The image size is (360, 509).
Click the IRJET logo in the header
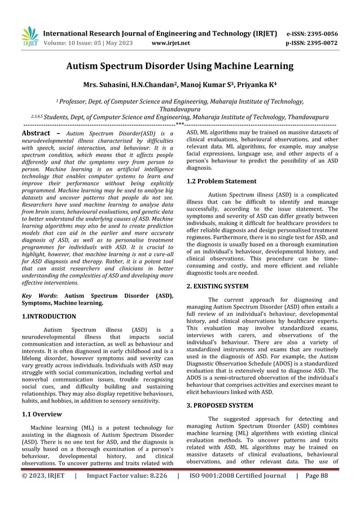pos(28,37)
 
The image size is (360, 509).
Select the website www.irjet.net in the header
pos(171,42)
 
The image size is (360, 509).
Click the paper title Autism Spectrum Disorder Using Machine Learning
pos(180,67)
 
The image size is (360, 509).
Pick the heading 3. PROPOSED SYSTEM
pos(219,405)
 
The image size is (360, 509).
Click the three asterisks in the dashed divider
pos(179,124)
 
